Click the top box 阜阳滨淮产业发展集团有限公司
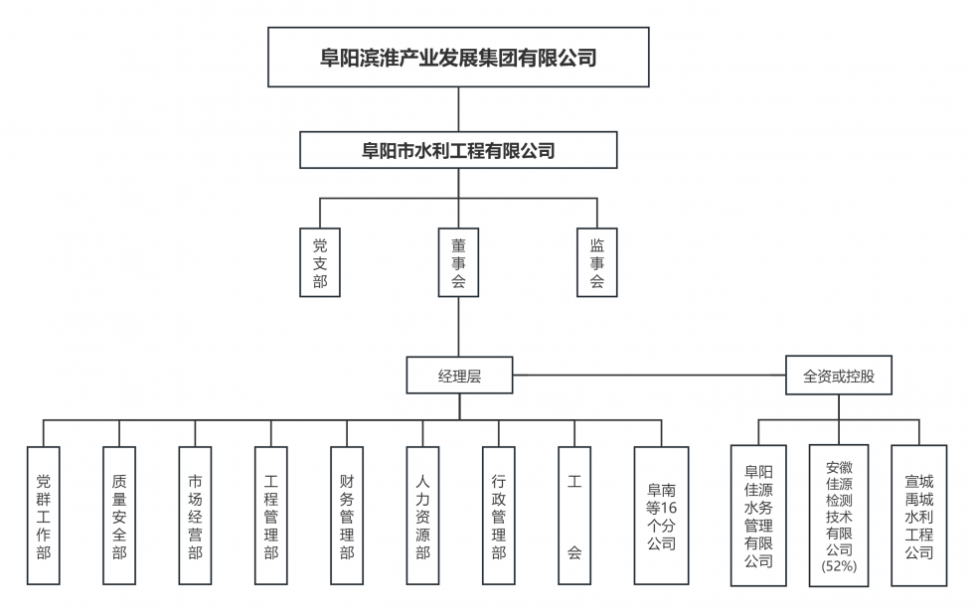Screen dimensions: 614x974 pyautogui.click(x=458, y=58)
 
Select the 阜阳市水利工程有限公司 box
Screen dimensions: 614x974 pyautogui.click(x=458, y=151)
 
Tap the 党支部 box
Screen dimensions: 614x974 pyautogui.click(x=319, y=262)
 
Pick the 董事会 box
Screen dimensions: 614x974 pyautogui.click(x=458, y=262)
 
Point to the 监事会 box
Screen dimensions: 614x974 pyautogui.click(x=597, y=262)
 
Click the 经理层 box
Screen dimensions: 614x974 pyautogui.click(x=459, y=377)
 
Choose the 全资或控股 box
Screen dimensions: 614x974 pyautogui.click(x=839, y=377)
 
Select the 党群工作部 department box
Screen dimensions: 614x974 pyautogui.click(x=44, y=515)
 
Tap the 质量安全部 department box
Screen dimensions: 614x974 pyautogui.click(x=119, y=515)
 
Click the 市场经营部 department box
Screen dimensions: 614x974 pyautogui.click(x=195, y=515)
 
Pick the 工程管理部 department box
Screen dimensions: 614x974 pyautogui.click(x=270, y=515)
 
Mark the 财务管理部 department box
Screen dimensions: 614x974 pyautogui.click(x=346, y=515)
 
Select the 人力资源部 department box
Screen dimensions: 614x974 pyautogui.click(x=422, y=515)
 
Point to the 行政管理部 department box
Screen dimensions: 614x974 pyautogui.click(x=498, y=515)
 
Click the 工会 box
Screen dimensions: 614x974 pyautogui.click(x=573, y=515)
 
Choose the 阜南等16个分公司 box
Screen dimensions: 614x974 pyautogui.click(x=661, y=515)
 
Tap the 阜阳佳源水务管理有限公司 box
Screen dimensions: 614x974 pyautogui.click(x=758, y=515)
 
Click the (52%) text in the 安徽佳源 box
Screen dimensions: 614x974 pyautogui.click(x=839, y=566)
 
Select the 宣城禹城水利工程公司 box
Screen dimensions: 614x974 pyautogui.click(x=919, y=515)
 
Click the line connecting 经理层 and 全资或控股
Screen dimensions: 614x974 pyautogui.click(x=646, y=377)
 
